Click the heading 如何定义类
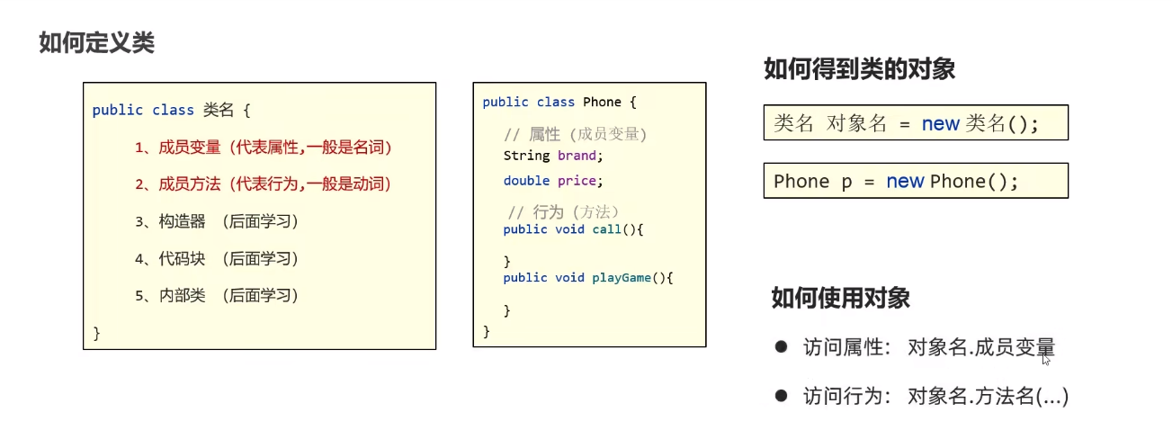click(x=97, y=42)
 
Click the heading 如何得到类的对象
click(x=858, y=69)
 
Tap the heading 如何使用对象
click(x=840, y=299)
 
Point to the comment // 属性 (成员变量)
click(x=576, y=134)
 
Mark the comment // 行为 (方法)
click(x=564, y=212)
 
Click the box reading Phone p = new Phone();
click(x=916, y=181)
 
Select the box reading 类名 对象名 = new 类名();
click(x=916, y=123)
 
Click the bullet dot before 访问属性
click(x=782, y=346)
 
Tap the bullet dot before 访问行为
click(x=782, y=395)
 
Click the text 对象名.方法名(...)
click(x=988, y=396)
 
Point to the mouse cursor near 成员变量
click(x=1046, y=359)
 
